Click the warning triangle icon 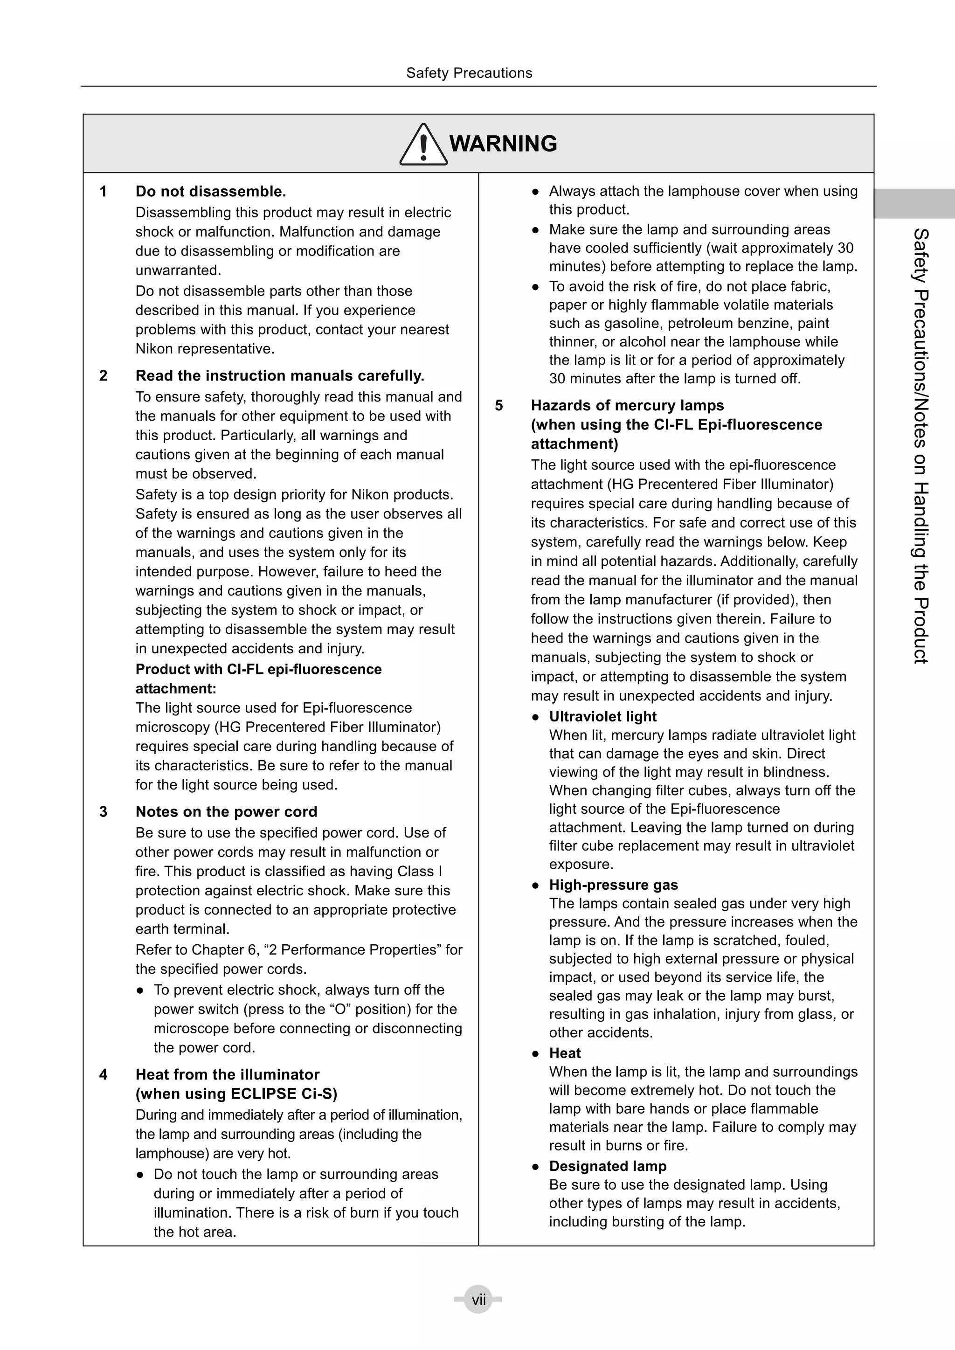[423, 145]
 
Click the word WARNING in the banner [503, 144]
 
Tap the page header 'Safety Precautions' [469, 73]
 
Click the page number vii [478, 1299]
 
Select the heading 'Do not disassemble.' [210, 192]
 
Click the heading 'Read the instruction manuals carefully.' [280, 376]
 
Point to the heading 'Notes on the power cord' [227, 811]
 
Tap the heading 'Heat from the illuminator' [228, 1074]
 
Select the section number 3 [104, 811]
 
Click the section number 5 [498, 405]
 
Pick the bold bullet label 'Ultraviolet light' [603, 716]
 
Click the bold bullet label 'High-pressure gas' [613, 885]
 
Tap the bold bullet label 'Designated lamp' [608, 1166]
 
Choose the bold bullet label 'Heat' [565, 1053]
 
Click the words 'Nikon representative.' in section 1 [205, 349]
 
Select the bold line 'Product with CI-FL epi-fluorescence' [258, 669]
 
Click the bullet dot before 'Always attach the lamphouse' [535, 192]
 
